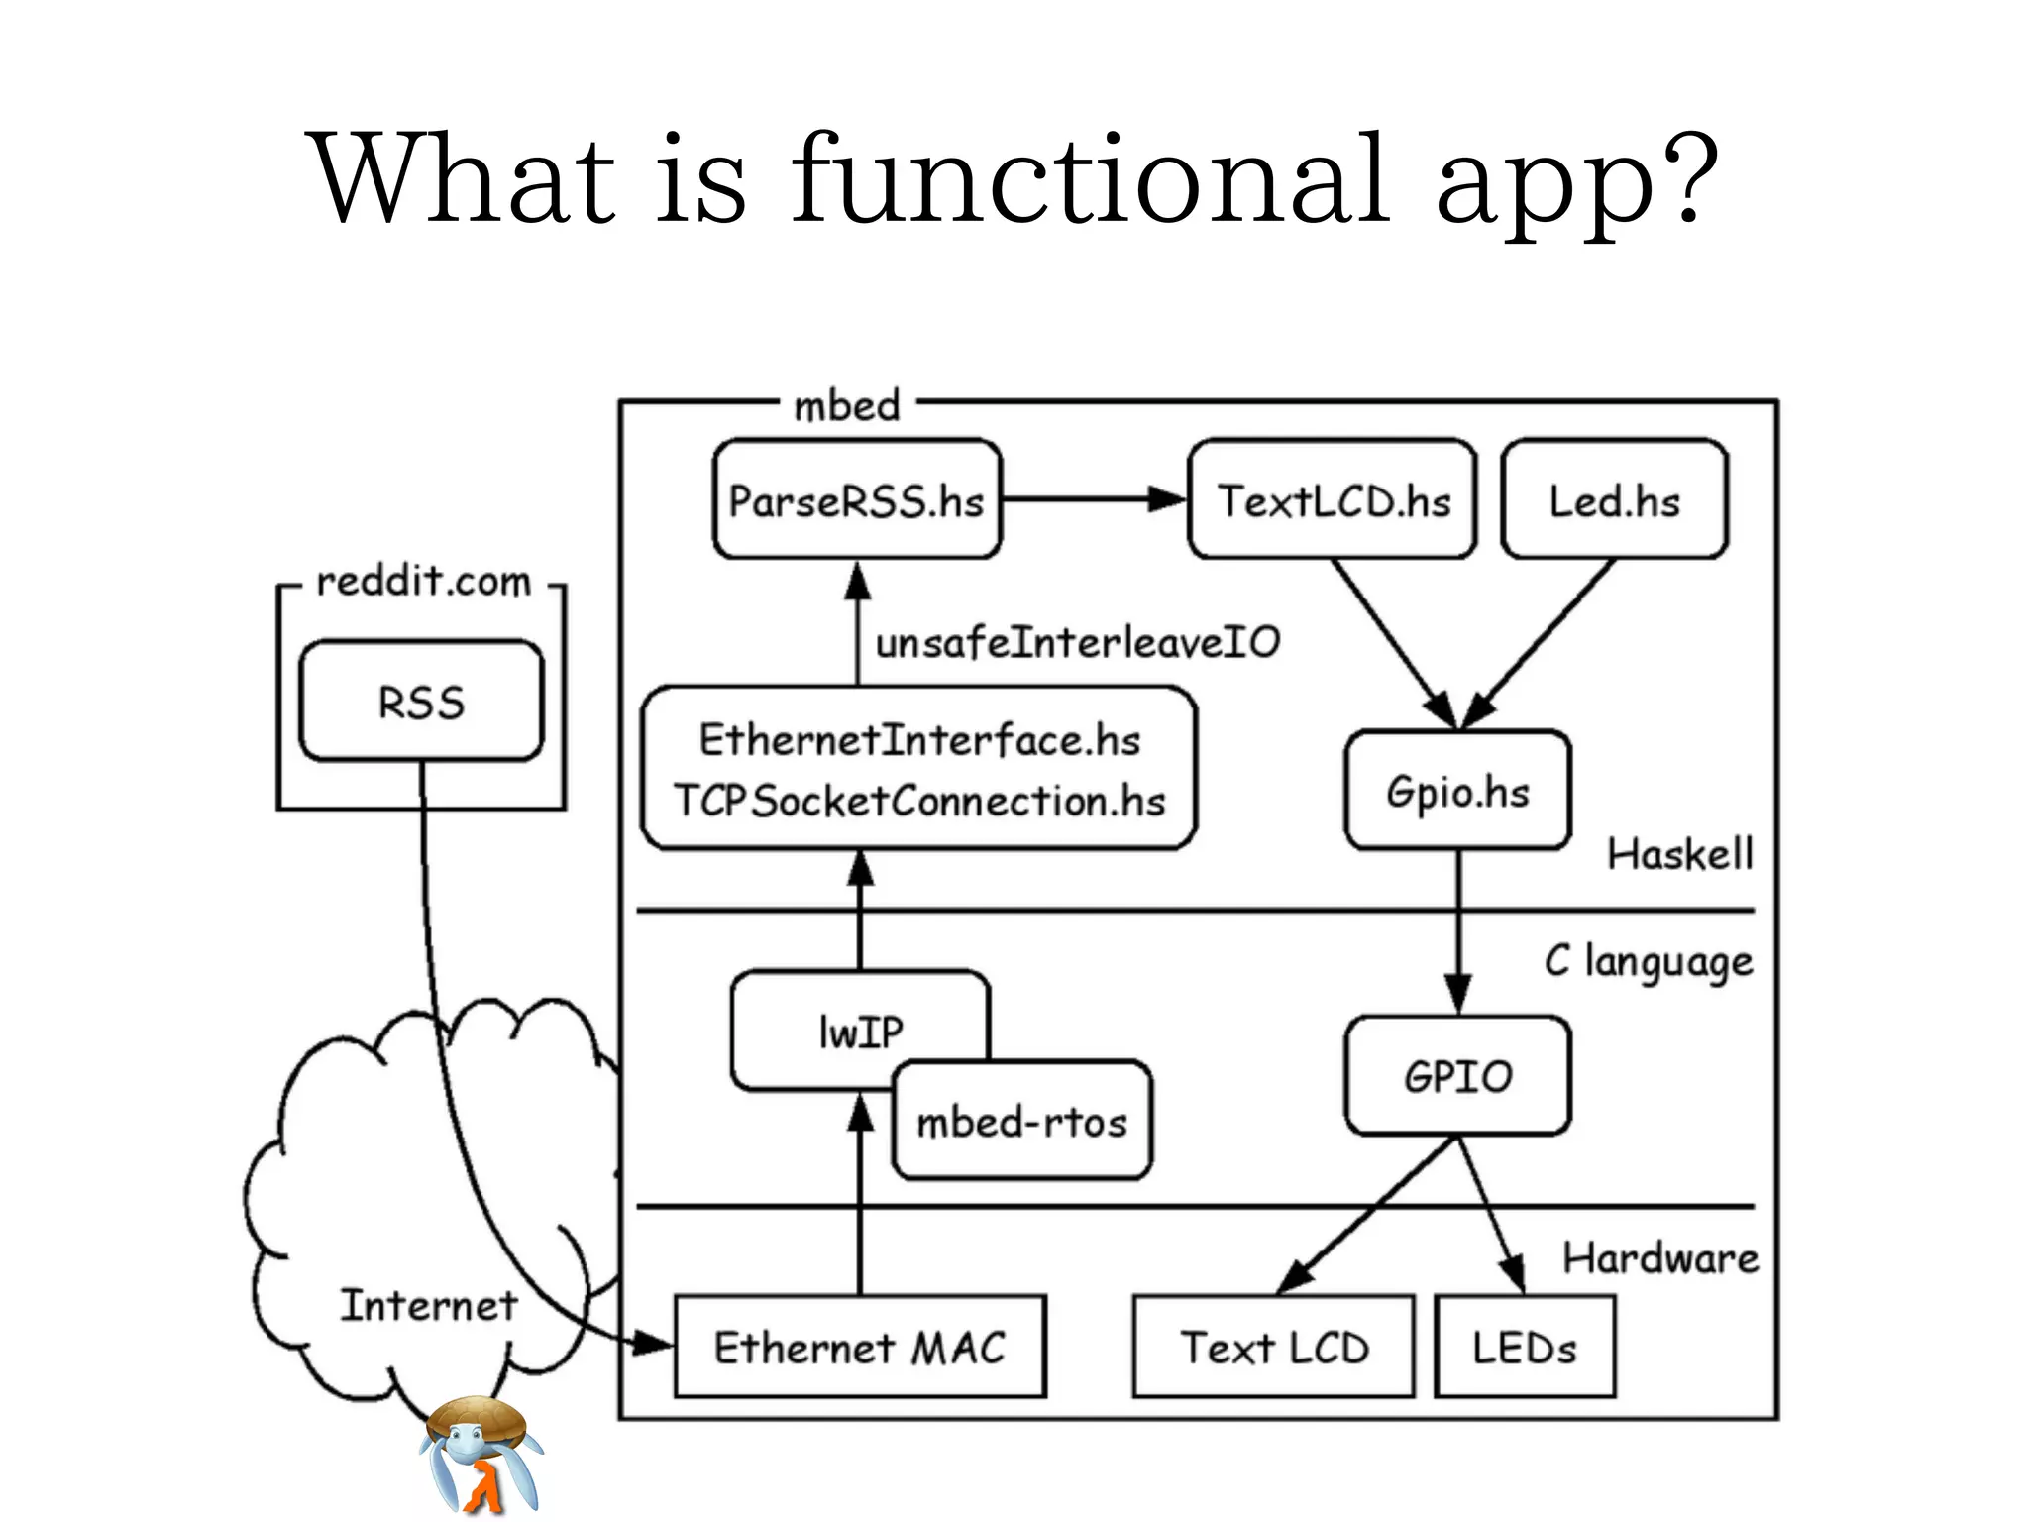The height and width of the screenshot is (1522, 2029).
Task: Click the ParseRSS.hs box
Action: click(x=857, y=500)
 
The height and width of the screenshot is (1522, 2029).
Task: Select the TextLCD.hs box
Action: click(x=1333, y=500)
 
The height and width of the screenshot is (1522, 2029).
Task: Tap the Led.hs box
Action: click(x=1614, y=500)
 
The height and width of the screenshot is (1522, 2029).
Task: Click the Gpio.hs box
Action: click(x=1457, y=791)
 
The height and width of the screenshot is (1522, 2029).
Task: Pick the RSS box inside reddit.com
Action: click(x=421, y=702)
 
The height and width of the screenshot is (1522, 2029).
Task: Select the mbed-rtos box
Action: click(x=1022, y=1122)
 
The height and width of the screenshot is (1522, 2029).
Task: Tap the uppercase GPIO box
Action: click(x=1457, y=1076)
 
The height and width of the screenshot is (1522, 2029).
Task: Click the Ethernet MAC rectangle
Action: click(x=860, y=1348)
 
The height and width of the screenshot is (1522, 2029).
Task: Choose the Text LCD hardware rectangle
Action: click(x=1273, y=1348)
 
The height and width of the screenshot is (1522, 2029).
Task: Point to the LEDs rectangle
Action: click(x=1524, y=1348)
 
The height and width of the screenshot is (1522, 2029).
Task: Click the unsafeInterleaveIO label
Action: click(x=1077, y=643)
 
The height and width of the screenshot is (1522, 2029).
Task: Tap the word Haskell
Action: click(x=1679, y=854)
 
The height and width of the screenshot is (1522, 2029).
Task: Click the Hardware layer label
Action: click(x=1660, y=1258)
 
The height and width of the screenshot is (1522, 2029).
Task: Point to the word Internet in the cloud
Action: click(x=428, y=1305)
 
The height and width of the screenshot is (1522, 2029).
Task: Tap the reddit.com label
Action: click(x=423, y=582)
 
